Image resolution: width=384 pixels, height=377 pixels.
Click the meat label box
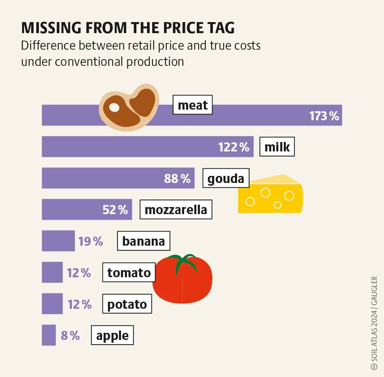(x=192, y=105)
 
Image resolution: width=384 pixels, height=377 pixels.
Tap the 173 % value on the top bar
(x=324, y=116)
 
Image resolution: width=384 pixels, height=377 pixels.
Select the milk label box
(x=277, y=147)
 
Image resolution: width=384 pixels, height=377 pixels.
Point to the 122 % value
(x=234, y=147)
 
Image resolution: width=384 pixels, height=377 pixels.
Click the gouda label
(x=226, y=179)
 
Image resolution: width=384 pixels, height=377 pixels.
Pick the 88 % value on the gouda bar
(x=177, y=179)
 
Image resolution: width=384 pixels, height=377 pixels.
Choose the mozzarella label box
(x=176, y=210)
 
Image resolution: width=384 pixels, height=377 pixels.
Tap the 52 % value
(x=115, y=210)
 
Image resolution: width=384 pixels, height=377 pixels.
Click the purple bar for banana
(x=58, y=241)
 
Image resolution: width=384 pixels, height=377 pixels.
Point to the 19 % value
(x=91, y=241)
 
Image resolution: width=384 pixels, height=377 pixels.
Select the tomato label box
(x=129, y=272)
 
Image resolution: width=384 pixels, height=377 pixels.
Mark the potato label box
(x=127, y=304)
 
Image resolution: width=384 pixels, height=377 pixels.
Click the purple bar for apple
(x=48, y=335)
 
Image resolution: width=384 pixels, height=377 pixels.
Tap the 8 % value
(x=70, y=336)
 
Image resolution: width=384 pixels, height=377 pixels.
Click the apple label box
(x=112, y=336)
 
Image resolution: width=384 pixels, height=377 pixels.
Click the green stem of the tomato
(x=183, y=261)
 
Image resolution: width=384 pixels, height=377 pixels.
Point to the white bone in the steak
(x=114, y=107)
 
